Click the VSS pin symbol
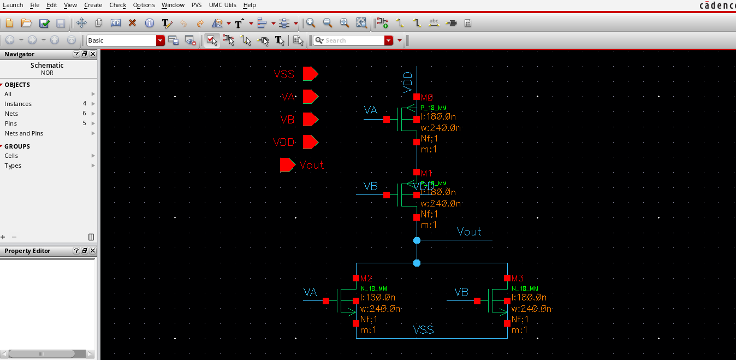[310, 74]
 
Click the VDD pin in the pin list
[310, 143]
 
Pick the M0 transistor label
[426, 97]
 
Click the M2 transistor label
[366, 279]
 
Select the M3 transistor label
[518, 279]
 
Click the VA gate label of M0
[371, 111]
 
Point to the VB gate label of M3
[461, 292]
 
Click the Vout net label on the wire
[469, 232]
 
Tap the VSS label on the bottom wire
[423, 329]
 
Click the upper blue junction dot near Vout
[417, 240]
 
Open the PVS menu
[196, 5]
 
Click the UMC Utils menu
[222, 5]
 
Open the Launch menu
[13, 5]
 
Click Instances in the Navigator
[18, 104]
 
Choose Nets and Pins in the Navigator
[23, 133]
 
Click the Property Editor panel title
[27, 251]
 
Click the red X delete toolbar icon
[132, 23]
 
